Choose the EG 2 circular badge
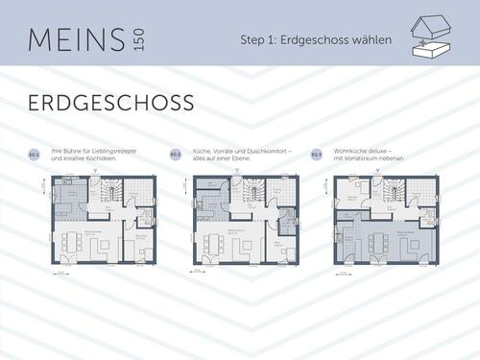pyautogui.click(x=175, y=155)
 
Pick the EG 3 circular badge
pyautogui.click(x=318, y=155)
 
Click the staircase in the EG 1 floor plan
pyautogui.click(x=109, y=193)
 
